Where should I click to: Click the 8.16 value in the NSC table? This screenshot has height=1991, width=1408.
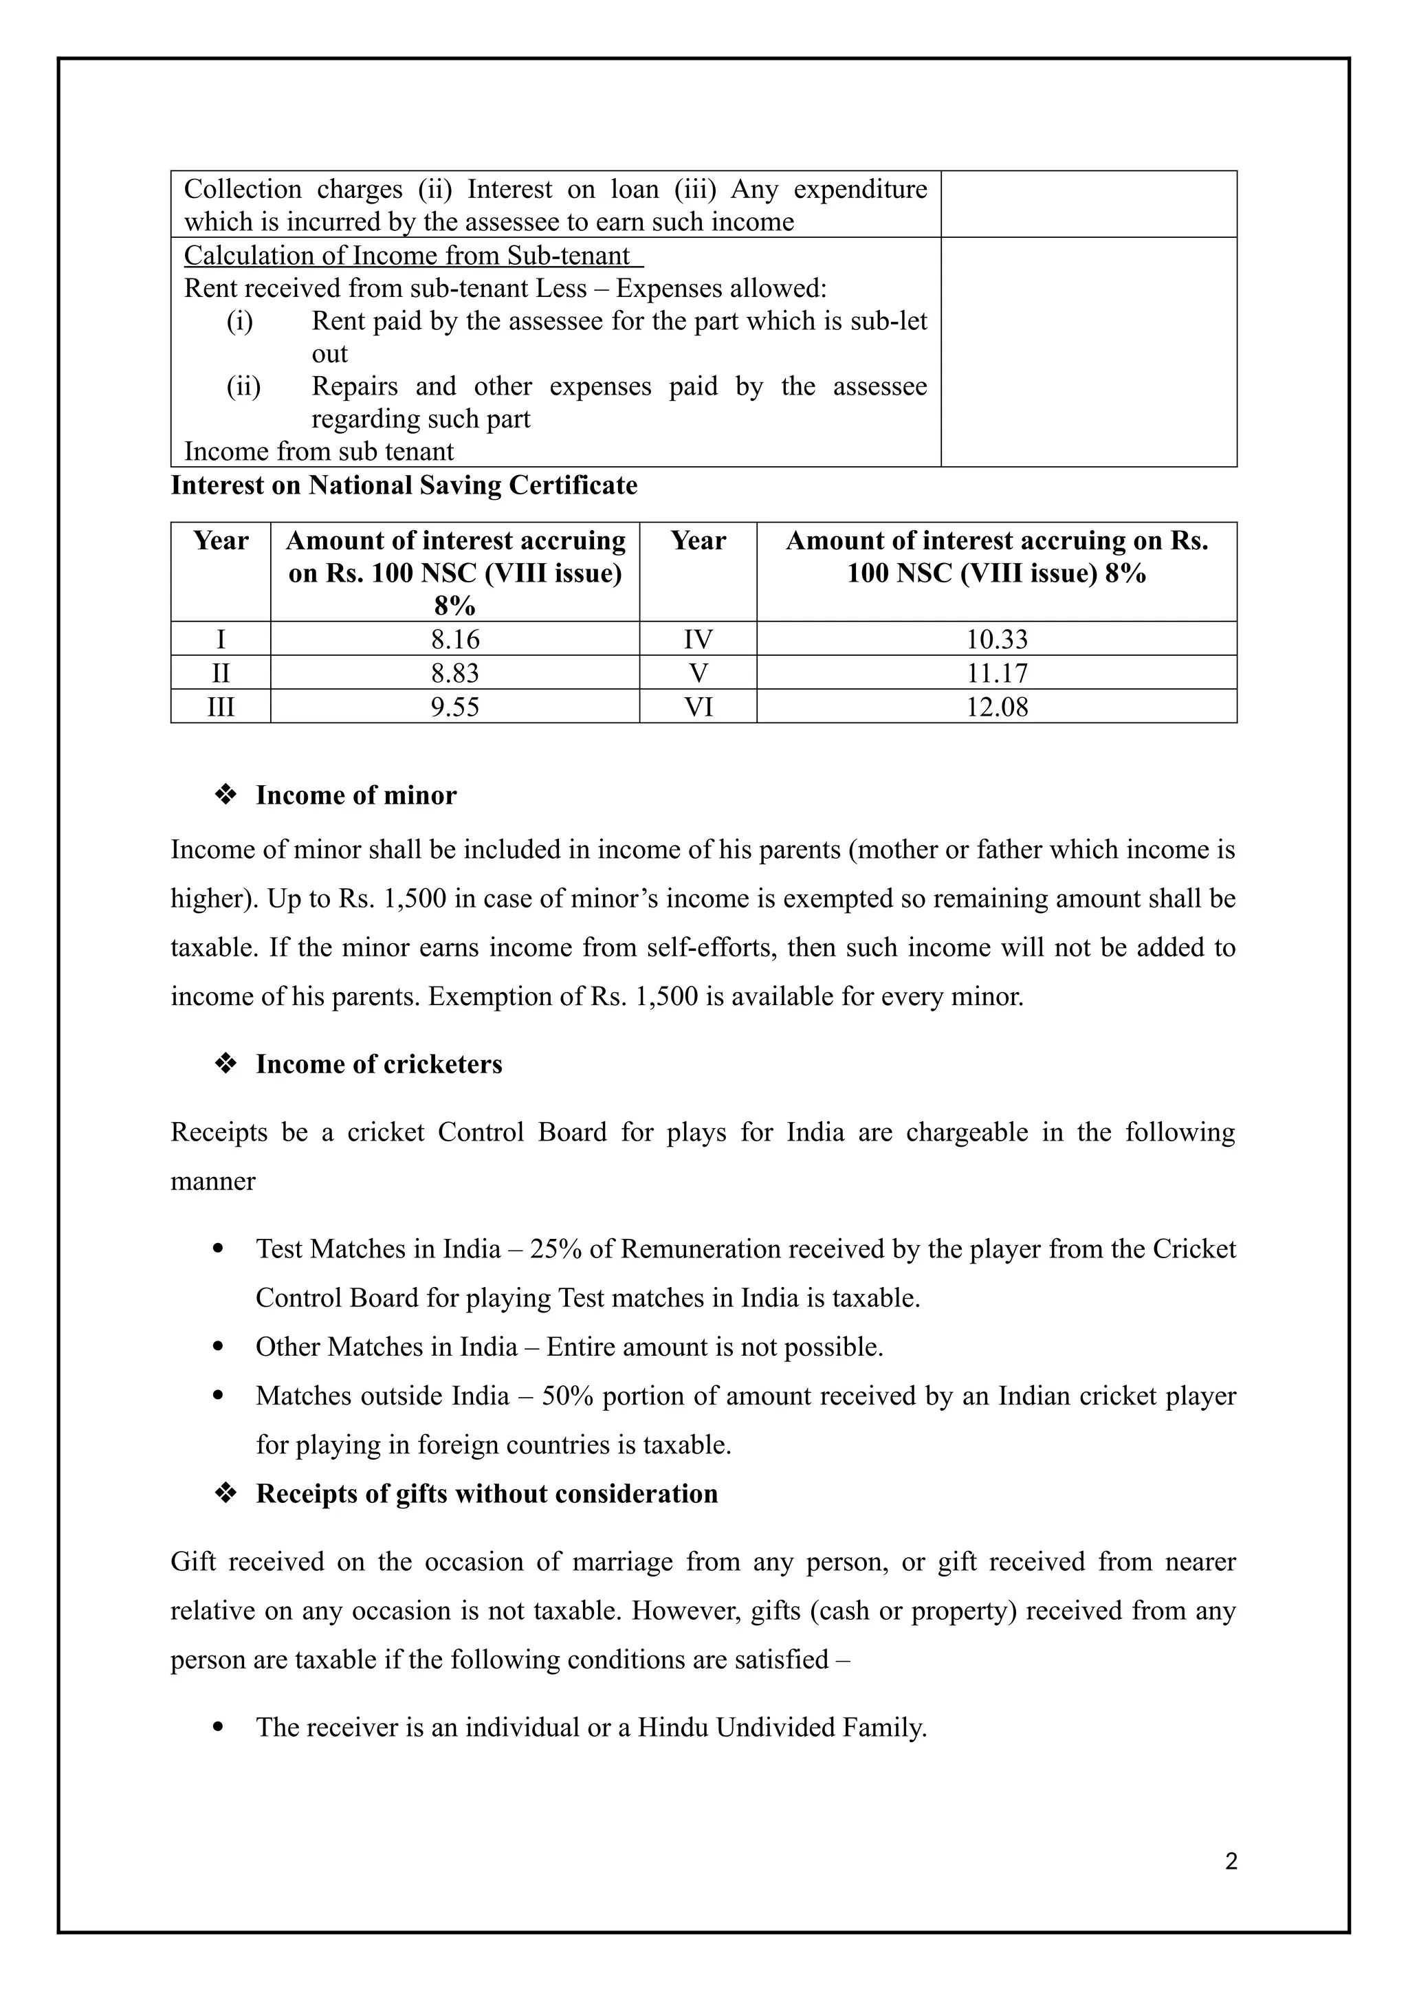[x=455, y=640]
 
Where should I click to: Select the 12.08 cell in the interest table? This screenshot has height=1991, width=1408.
[x=997, y=707]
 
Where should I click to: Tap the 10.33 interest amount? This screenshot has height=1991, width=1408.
[x=997, y=640]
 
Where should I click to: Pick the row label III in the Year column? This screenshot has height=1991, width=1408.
[x=221, y=707]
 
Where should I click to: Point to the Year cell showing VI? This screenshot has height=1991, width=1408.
[x=698, y=707]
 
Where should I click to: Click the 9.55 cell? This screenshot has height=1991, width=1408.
[x=455, y=707]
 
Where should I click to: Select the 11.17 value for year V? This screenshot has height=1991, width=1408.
[x=997, y=674]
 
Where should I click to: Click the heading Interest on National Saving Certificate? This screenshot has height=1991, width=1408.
[x=404, y=485]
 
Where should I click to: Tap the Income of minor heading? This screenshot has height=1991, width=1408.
[x=355, y=795]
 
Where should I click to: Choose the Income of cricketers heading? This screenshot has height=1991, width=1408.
[x=379, y=1064]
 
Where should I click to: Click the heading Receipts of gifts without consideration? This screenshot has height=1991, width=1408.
[x=486, y=1493]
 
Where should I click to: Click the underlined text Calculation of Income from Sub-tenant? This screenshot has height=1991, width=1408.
[x=408, y=256]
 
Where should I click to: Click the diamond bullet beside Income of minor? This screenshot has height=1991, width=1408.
[x=226, y=795]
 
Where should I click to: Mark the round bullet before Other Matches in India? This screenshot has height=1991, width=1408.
[x=219, y=1347]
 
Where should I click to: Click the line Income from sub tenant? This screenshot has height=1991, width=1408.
[x=319, y=452]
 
